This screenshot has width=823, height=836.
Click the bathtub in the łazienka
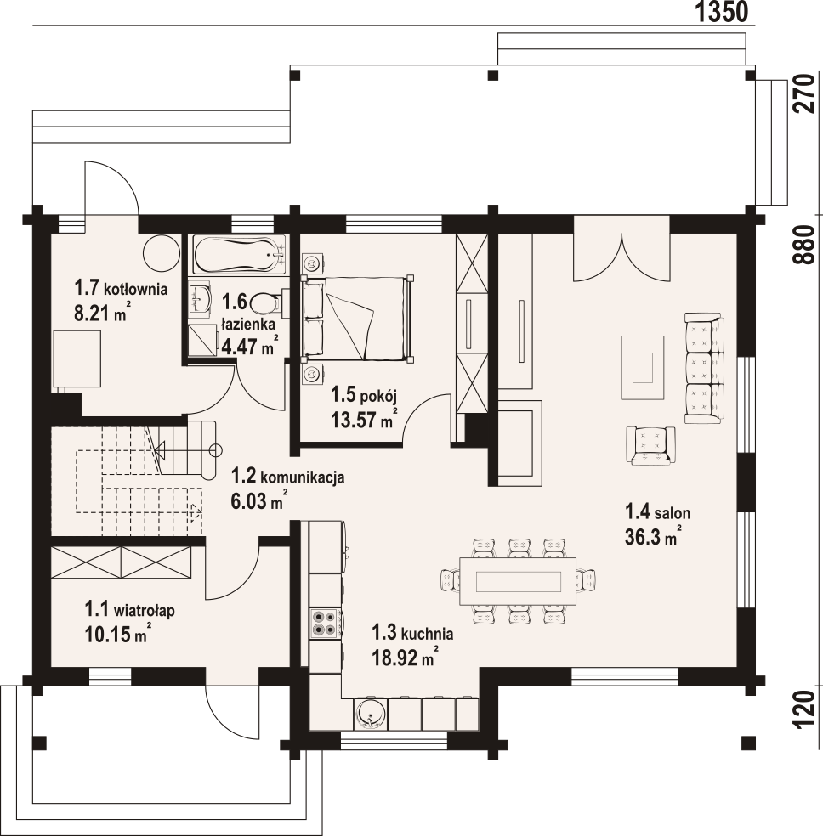point(240,255)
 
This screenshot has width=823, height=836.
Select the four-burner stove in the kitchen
point(324,623)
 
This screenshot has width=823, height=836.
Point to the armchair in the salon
point(650,445)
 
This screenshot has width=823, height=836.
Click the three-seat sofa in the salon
point(704,369)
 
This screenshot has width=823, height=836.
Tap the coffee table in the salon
point(642,367)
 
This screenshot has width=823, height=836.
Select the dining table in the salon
point(518,580)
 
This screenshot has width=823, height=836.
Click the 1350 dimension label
point(723,12)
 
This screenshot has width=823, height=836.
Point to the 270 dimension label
point(804,93)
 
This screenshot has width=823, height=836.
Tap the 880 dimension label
point(804,245)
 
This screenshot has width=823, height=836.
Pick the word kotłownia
point(135,290)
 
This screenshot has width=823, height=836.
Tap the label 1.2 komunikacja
point(287,476)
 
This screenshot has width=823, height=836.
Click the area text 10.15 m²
point(117,634)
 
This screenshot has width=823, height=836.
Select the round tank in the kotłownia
point(162,253)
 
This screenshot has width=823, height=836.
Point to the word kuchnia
point(428,634)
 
